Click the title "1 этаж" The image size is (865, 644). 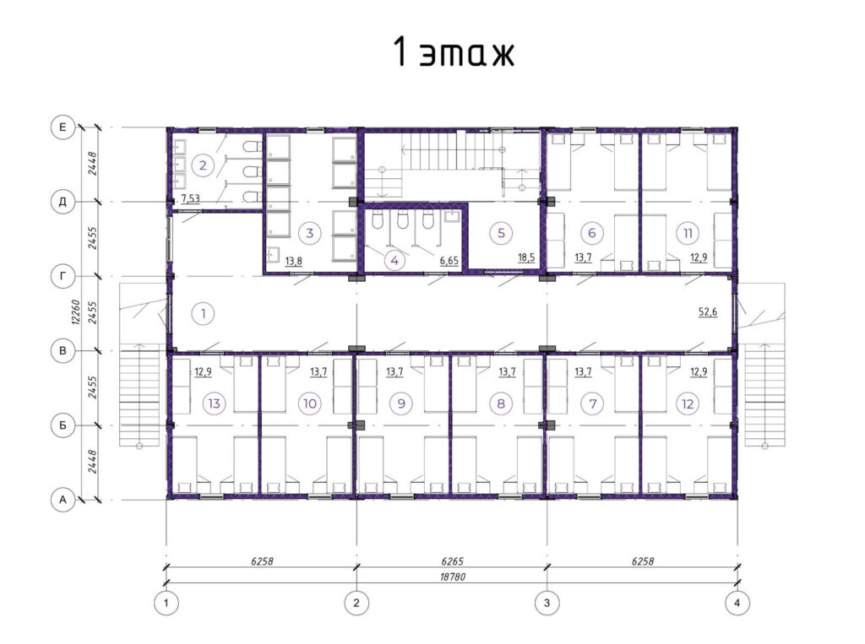[x=454, y=53]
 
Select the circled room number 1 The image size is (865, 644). [x=203, y=314]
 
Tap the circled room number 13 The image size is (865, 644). [x=214, y=403]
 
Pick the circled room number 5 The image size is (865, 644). [x=501, y=233]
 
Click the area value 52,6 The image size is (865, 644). [x=708, y=312]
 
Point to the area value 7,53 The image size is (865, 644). [x=190, y=198]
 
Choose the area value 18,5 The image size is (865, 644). [x=526, y=257]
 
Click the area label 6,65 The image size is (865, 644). [x=449, y=260]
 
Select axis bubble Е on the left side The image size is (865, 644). [x=63, y=127]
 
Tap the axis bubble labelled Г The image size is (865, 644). [x=63, y=276]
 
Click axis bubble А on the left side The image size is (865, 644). [x=63, y=501]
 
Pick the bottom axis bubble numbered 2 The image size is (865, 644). [x=356, y=603]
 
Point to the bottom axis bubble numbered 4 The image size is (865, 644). [x=737, y=603]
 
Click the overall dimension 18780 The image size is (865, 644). [x=453, y=576]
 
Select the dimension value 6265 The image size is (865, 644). [x=453, y=561]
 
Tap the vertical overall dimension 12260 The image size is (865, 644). [x=76, y=312]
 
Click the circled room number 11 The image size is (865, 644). [x=688, y=233]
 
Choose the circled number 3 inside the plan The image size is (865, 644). [x=309, y=233]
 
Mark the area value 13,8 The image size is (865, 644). [x=293, y=260]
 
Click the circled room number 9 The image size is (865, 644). [x=401, y=403]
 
